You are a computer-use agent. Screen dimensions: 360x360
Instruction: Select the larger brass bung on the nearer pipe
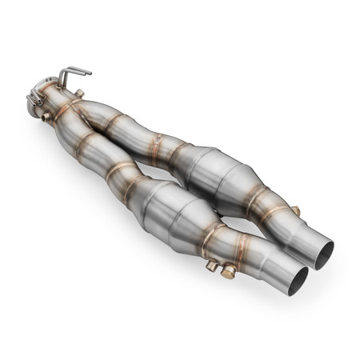pyautogui.click(x=228, y=273)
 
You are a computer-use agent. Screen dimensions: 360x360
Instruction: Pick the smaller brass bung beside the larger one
pyautogui.click(x=212, y=265)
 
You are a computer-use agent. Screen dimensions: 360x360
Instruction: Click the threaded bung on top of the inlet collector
pyautogui.click(x=79, y=94)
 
